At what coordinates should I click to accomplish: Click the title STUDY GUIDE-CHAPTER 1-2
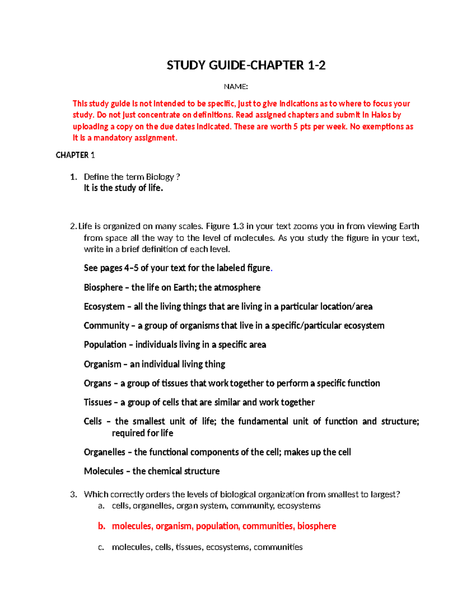click(x=246, y=65)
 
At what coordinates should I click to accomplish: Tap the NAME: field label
click(x=236, y=87)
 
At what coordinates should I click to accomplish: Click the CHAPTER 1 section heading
click(x=75, y=155)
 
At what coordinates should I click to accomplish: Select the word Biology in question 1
click(x=160, y=177)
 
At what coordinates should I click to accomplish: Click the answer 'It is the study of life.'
click(x=123, y=188)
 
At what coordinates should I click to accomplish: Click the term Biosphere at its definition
click(x=103, y=288)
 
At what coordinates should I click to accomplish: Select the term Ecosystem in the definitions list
click(x=104, y=307)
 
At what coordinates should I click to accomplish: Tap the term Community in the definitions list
click(x=106, y=326)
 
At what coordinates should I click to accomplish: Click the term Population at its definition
click(x=105, y=345)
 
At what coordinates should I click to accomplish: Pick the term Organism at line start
click(x=102, y=364)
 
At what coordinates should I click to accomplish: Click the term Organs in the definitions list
click(x=97, y=383)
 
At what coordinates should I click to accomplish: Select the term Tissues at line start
click(x=98, y=402)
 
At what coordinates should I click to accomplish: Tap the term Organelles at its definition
click(x=104, y=452)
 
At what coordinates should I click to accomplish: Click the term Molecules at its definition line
click(x=104, y=471)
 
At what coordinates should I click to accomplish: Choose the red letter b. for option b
click(x=102, y=526)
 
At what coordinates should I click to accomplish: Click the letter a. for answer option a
click(x=101, y=506)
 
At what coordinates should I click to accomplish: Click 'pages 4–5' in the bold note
click(x=119, y=268)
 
